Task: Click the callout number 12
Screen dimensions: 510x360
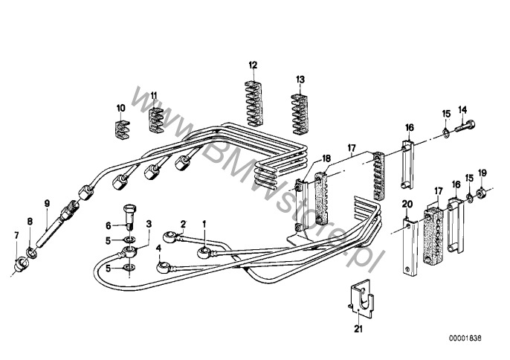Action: coord(253,65)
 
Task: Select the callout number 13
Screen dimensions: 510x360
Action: coord(300,80)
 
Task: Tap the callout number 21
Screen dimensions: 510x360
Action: coord(358,329)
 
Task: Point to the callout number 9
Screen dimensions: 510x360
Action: coord(47,204)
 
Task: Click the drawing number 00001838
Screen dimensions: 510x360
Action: coord(465,338)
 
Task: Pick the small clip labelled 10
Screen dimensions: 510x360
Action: coord(122,129)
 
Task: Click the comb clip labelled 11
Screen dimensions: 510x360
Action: coord(156,120)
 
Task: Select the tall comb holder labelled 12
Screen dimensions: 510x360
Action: coord(254,103)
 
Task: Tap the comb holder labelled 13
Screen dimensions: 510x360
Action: coord(300,114)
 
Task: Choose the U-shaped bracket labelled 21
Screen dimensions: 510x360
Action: coord(361,299)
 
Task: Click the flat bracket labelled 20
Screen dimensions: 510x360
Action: coord(411,248)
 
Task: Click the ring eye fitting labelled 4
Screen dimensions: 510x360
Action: coord(163,268)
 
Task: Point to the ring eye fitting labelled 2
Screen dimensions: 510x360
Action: coord(170,237)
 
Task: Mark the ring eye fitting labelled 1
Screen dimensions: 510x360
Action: coord(204,252)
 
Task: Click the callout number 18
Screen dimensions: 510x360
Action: coord(326,159)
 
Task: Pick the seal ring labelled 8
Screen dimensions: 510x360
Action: coord(31,252)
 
